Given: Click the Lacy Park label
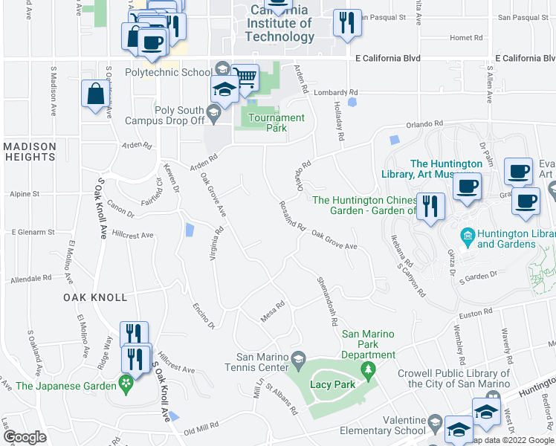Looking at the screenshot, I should (x=331, y=384).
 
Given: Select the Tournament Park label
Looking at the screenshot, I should (x=277, y=123).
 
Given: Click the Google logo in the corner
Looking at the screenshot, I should (x=25, y=437).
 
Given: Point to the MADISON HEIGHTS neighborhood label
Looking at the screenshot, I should (x=29, y=152).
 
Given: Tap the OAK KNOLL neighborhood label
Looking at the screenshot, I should (x=94, y=297).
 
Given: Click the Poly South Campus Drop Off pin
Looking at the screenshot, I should (x=214, y=114).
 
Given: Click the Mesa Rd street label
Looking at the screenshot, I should (x=273, y=311).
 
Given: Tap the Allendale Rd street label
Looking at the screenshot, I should (x=31, y=278).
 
